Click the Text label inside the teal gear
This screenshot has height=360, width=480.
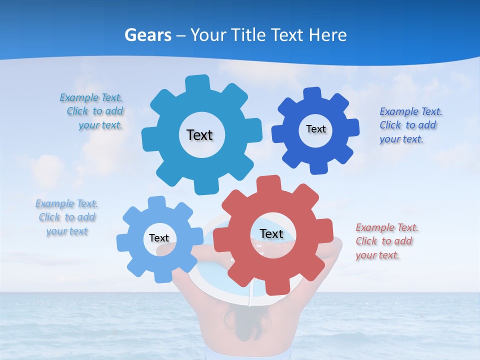point(199,135)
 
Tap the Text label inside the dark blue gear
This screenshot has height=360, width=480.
point(315,129)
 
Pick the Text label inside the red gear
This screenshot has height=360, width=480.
point(271,234)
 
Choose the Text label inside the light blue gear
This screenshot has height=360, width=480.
point(159,238)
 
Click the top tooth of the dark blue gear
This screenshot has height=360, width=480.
point(312,93)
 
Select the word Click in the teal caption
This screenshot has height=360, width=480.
point(77,111)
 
